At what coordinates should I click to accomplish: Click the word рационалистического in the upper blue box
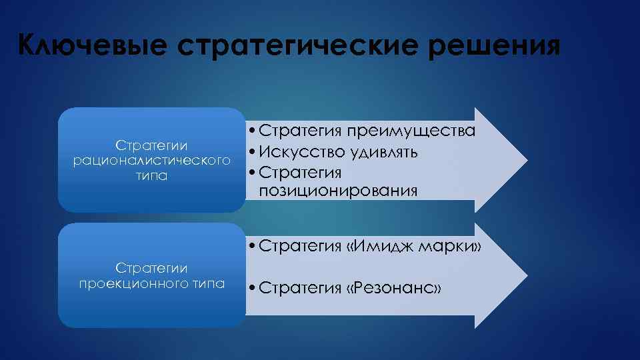tap(151, 161)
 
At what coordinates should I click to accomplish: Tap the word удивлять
tap(382, 152)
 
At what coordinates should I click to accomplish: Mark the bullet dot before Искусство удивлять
tap(250, 153)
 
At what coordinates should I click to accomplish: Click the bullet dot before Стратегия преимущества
tap(250, 131)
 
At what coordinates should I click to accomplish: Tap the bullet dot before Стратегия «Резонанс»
tap(250, 289)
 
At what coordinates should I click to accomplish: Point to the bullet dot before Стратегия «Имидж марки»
tap(250, 247)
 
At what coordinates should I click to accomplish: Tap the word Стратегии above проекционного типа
tap(151, 268)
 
